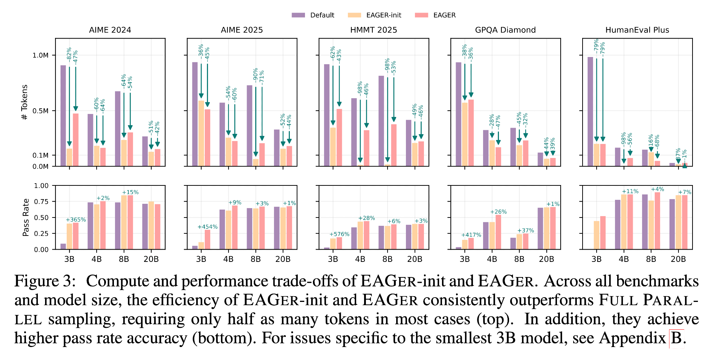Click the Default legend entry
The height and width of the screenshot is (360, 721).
[x=313, y=15]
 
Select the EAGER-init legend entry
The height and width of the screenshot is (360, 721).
[x=375, y=15]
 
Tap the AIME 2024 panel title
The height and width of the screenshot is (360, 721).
[x=110, y=30]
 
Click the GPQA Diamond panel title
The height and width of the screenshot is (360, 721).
[x=505, y=30]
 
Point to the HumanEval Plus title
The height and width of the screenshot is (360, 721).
[x=637, y=30]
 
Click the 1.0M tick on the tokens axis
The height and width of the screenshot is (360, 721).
[x=40, y=56]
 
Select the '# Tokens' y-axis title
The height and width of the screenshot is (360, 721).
[x=25, y=102]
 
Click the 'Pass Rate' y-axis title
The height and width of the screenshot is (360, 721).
[x=26, y=218]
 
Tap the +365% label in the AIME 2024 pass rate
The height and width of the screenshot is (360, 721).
[x=76, y=220]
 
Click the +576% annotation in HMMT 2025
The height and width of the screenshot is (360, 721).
[x=339, y=234]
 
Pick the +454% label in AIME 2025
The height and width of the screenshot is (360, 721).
[x=207, y=227]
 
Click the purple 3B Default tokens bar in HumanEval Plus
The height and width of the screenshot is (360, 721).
[x=590, y=111]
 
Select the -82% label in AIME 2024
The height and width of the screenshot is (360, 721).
[x=69, y=54]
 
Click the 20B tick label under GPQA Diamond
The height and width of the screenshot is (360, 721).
[x=547, y=259]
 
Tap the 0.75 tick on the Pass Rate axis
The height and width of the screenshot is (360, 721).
[x=41, y=202]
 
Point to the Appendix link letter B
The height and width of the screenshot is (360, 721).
[x=676, y=338]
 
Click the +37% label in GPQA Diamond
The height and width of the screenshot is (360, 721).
[x=526, y=231]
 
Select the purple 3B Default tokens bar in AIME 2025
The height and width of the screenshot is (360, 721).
[x=195, y=114]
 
